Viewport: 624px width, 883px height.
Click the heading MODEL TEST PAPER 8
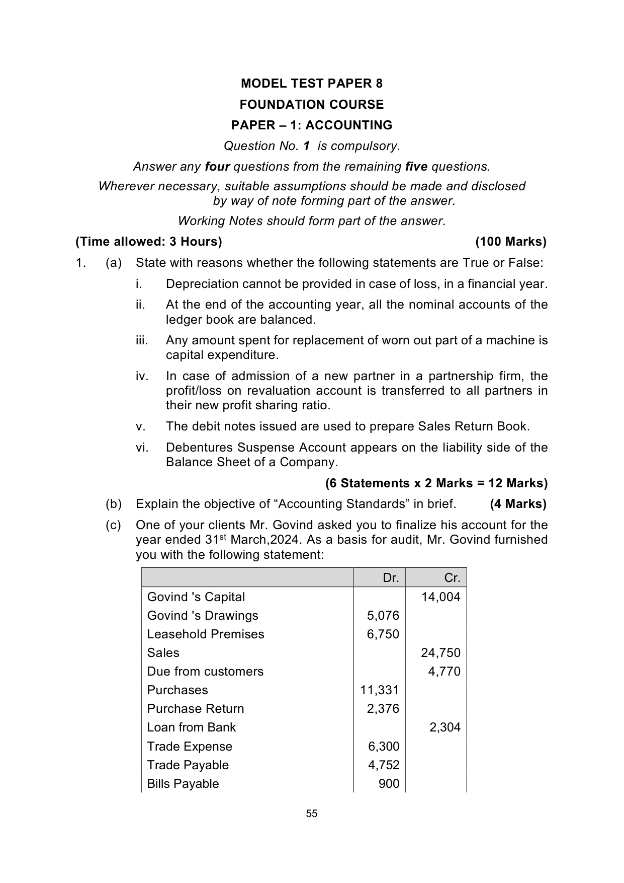(x=312, y=84)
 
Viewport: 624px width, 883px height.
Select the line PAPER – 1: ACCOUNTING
(x=312, y=125)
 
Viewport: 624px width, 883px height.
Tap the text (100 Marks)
(x=511, y=242)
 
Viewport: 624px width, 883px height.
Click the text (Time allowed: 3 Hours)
(x=149, y=242)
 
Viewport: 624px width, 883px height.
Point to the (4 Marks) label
(x=518, y=504)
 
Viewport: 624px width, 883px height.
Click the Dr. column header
(x=391, y=578)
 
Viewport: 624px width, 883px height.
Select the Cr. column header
(x=452, y=578)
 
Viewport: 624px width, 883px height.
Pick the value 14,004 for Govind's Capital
(x=441, y=597)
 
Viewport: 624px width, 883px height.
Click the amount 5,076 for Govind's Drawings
(x=383, y=616)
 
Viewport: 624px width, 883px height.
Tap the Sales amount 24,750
(x=441, y=653)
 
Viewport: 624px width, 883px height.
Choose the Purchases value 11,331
(x=380, y=690)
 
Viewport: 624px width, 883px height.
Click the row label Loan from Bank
(x=192, y=727)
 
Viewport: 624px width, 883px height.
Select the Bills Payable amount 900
(x=389, y=784)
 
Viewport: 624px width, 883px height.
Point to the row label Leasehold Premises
(x=206, y=634)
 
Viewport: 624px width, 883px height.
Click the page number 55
(x=312, y=814)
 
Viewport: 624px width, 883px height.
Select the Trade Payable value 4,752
(x=384, y=765)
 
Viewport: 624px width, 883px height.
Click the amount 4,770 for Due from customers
(x=444, y=672)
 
